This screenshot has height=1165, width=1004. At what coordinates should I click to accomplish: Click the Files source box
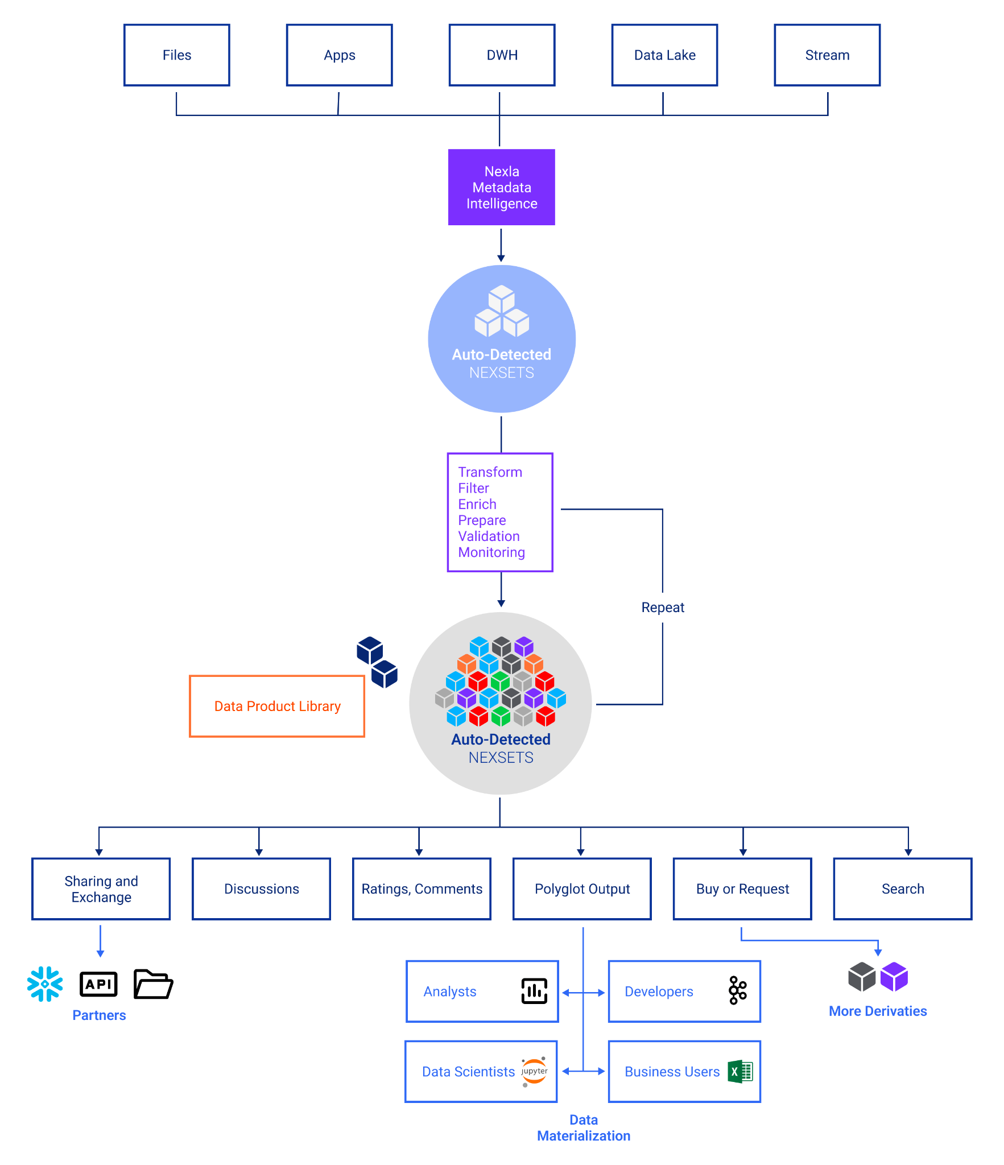(x=177, y=55)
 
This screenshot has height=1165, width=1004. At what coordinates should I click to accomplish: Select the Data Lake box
(x=664, y=55)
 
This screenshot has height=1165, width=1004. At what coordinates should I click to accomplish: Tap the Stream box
(x=827, y=55)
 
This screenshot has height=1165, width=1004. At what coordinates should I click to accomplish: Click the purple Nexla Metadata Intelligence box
(x=501, y=187)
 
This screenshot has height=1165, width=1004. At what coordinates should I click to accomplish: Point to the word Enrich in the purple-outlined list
(x=477, y=504)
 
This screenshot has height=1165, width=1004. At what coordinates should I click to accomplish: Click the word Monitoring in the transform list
(x=491, y=552)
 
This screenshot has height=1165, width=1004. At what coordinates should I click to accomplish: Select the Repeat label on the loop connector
(x=663, y=608)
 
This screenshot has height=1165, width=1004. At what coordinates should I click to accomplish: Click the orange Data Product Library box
(x=277, y=706)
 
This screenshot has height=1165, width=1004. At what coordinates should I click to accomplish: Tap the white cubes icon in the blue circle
(x=502, y=311)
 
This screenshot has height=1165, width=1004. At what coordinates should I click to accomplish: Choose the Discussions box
(x=261, y=889)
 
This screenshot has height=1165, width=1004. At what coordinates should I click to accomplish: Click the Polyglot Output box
(x=582, y=889)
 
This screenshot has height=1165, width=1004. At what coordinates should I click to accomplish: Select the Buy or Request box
(x=742, y=889)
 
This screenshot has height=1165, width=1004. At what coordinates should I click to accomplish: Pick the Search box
(x=903, y=889)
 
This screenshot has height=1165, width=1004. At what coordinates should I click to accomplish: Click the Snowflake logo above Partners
(x=45, y=984)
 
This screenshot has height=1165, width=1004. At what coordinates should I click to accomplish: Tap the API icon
(x=98, y=984)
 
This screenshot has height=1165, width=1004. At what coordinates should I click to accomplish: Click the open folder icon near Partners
(x=153, y=984)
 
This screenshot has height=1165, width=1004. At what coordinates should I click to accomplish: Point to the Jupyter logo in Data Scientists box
(x=534, y=1071)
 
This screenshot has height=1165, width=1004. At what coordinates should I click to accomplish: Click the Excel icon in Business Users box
(x=740, y=1071)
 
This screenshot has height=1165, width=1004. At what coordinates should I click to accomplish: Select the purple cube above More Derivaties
(x=894, y=977)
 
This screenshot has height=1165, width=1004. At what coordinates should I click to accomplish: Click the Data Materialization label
(x=584, y=1127)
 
